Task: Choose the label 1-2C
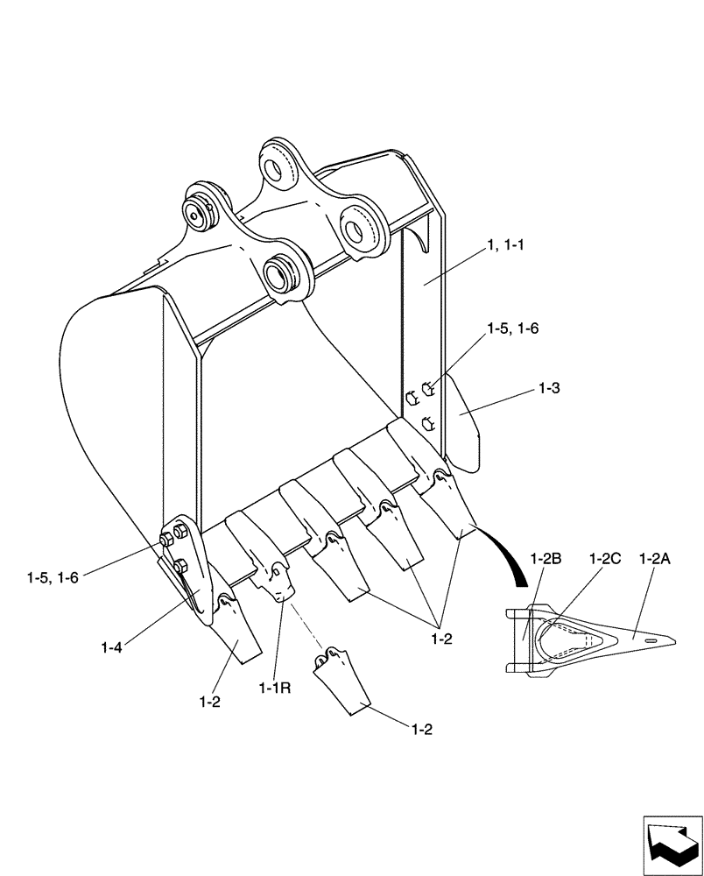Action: (604, 558)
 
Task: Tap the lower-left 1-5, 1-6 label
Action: (53, 578)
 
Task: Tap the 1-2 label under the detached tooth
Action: (423, 727)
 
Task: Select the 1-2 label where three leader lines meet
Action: (441, 640)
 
